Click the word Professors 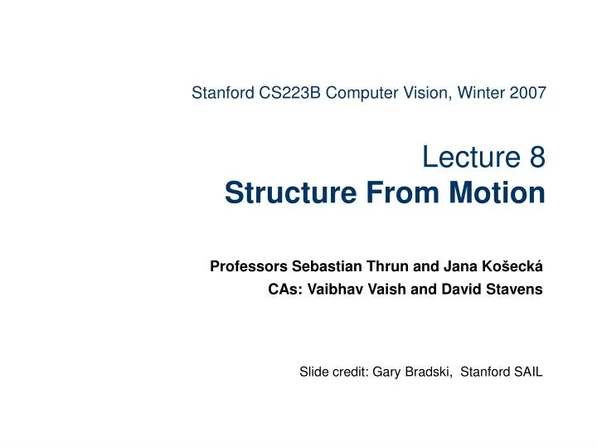(x=246, y=267)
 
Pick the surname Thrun (x=386, y=267)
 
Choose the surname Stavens (x=515, y=290)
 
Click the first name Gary (x=386, y=373)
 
